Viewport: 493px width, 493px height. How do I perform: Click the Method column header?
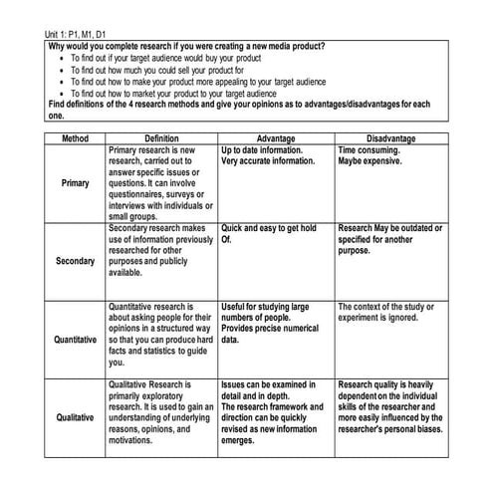coord(76,138)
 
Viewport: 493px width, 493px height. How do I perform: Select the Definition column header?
coord(161,138)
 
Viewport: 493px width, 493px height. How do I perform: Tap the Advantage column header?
coord(276,138)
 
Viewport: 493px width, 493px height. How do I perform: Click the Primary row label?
coord(76,183)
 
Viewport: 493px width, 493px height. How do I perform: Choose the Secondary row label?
coord(76,261)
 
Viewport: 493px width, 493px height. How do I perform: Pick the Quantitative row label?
coord(76,340)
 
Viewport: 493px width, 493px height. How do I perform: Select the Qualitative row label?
coord(76,416)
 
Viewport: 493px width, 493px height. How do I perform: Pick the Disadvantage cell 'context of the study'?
coord(388,312)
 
